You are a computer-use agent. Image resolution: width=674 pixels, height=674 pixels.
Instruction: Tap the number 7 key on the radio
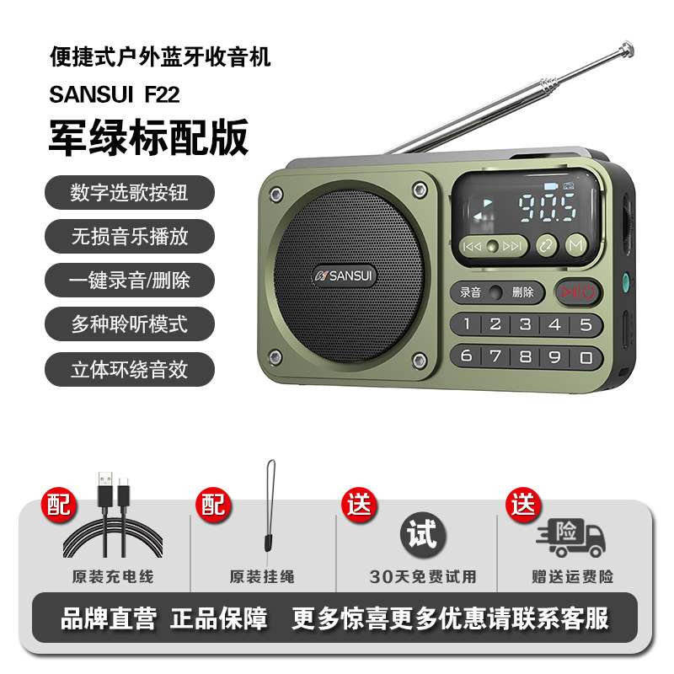click(x=495, y=356)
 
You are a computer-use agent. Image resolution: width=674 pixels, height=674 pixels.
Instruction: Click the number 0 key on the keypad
click(x=586, y=357)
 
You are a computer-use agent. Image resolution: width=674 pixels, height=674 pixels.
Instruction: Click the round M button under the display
click(x=576, y=245)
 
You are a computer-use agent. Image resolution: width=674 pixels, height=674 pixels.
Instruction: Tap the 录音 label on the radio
click(x=470, y=292)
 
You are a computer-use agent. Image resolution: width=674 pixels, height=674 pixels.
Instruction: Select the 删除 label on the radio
click(x=522, y=292)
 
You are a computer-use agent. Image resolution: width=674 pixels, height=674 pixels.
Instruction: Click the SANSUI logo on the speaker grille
click(x=344, y=275)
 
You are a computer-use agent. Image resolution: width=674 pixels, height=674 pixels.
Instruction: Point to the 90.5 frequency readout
click(x=547, y=208)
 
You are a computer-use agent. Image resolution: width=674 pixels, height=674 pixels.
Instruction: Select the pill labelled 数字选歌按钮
click(x=130, y=192)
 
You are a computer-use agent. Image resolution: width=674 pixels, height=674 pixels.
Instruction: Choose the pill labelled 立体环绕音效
click(x=130, y=369)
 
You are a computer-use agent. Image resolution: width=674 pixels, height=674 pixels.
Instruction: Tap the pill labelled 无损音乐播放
click(x=130, y=236)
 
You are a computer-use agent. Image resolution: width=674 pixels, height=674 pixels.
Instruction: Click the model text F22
click(x=162, y=94)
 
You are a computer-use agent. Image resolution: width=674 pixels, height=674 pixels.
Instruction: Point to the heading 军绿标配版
click(x=149, y=137)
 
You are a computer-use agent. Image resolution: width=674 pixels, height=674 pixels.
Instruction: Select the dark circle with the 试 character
click(x=423, y=534)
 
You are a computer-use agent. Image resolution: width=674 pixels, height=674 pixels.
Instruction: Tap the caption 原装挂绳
click(x=262, y=576)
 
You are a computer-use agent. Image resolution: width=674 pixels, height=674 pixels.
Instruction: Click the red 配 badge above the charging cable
click(x=59, y=505)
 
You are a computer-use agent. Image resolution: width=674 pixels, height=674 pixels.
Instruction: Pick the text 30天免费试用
click(x=423, y=576)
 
